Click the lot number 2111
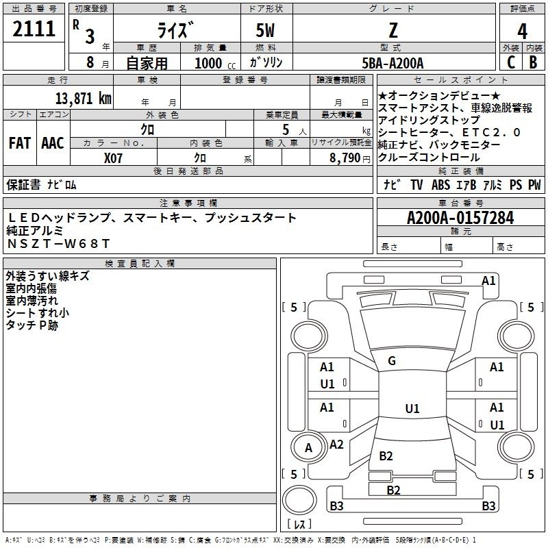point(34,29)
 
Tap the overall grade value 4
point(522,32)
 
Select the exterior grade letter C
point(511,62)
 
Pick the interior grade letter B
point(534,62)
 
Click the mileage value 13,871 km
point(84,99)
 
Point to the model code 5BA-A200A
point(393,63)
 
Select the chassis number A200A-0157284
point(460,218)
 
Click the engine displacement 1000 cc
point(215,63)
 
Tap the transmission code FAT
point(20,143)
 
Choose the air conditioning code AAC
point(53,143)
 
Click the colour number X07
point(113,158)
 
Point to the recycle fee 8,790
point(345,158)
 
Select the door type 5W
point(265,30)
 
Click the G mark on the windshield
point(392,361)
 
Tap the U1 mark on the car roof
point(412,408)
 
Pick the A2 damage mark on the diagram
point(336,445)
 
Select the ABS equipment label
point(440,184)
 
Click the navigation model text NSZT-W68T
point(58,244)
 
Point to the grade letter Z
point(393,30)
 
